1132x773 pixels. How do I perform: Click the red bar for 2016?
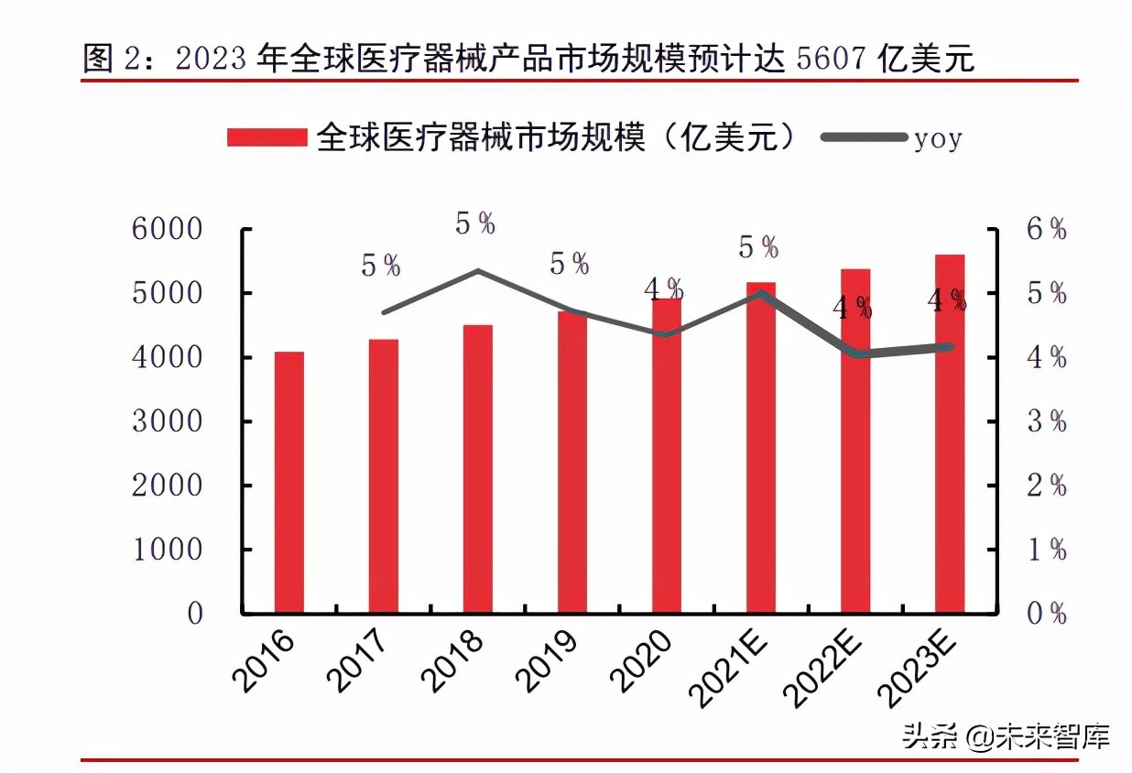[x=288, y=482]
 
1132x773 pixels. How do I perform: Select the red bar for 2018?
[x=477, y=469]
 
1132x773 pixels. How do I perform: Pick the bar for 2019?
[x=571, y=462]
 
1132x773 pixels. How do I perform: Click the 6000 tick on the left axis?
[x=167, y=230]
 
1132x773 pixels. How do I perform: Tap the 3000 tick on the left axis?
[x=167, y=422]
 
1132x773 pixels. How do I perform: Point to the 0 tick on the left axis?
[x=195, y=614]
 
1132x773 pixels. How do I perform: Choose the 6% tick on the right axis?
[x=1046, y=230]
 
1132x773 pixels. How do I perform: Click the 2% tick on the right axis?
[x=1046, y=485]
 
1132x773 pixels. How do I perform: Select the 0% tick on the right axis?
[x=1046, y=614]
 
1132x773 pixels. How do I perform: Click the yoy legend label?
[x=938, y=139]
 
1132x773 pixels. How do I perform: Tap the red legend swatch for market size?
[x=266, y=138]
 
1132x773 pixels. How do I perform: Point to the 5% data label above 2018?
[x=475, y=223]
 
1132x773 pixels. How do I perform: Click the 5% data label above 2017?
[x=381, y=266]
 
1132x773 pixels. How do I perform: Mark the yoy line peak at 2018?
[x=477, y=271]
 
